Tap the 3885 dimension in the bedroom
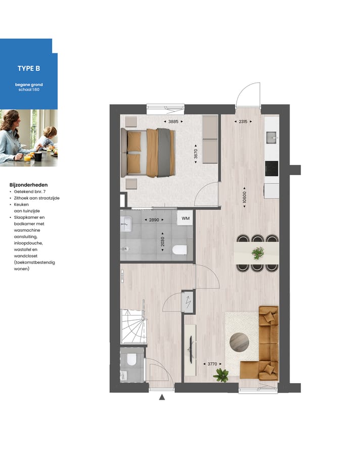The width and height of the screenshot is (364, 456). pyautogui.click(x=173, y=122)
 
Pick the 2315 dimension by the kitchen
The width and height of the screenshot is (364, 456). pyautogui.click(x=243, y=122)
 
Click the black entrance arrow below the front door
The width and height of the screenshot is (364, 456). pyautogui.click(x=162, y=397)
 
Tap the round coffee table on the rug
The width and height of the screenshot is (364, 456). pyautogui.click(x=239, y=342)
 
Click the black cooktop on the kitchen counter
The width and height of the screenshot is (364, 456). pyautogui.click(x=271, y=167)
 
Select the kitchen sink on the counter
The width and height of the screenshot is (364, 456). pyautogui.click(x=271, y=137)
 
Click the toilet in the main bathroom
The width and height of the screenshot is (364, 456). pyautogui.click(x=179, y=249)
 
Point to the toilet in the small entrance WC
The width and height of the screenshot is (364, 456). pyautogui.click(x=131, y=360)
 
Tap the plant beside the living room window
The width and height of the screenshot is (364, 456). pyautogui.click(x=221, y=375)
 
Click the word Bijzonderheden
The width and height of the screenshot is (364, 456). pyautogui.click(x=28, y=185)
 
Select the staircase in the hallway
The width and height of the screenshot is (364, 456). pyautogui.click(x=133, y=327)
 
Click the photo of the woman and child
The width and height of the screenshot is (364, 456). pyautogui.click(x=28, y=138)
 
